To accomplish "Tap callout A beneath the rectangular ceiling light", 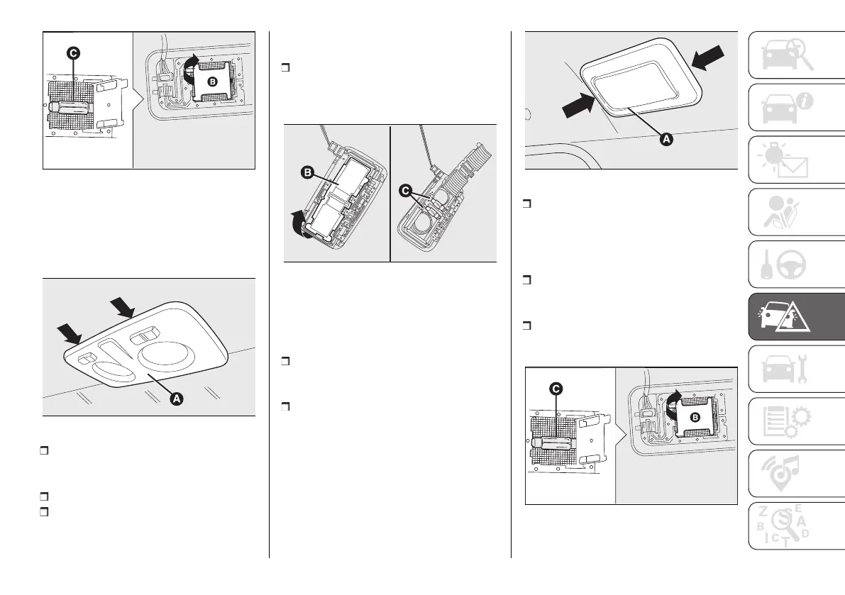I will [x=665, y=140].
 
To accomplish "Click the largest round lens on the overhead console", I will [x=167, y=354].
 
